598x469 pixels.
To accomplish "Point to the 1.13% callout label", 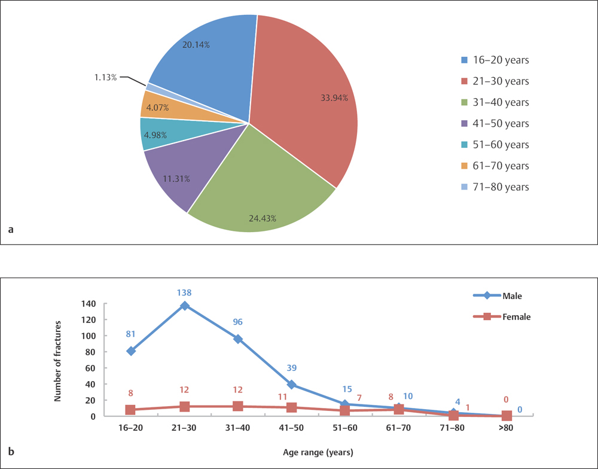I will coord(105,77).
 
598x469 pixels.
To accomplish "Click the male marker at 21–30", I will coord(185,306).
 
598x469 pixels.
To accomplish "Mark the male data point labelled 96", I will coord(238,339).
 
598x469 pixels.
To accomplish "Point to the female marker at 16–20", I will coord(131,410).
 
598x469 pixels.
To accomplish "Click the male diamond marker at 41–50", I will coord(292,385).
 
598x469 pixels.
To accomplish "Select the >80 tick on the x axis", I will coord(506,429).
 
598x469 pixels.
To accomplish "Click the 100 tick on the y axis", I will coord(88,336).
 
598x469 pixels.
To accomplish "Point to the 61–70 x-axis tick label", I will coord(399,429).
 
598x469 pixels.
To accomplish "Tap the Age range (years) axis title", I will coord(318,452).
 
